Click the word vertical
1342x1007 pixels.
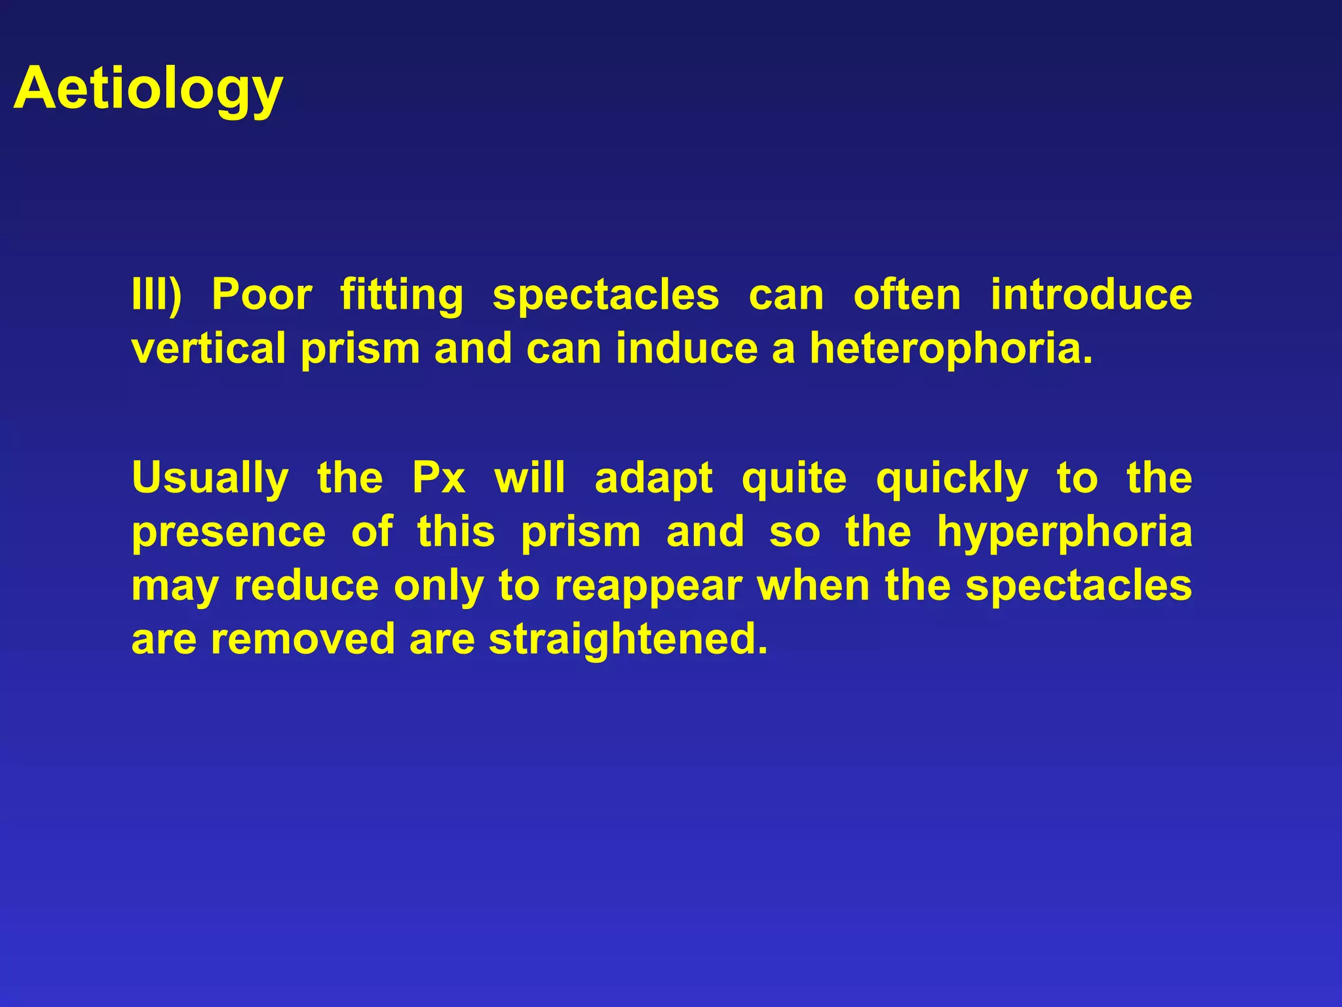208,348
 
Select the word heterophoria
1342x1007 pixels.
951,348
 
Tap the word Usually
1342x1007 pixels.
210,478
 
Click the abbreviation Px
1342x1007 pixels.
438,478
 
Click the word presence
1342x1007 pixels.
229,532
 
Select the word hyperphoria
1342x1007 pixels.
1064,532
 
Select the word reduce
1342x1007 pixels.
306,585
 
